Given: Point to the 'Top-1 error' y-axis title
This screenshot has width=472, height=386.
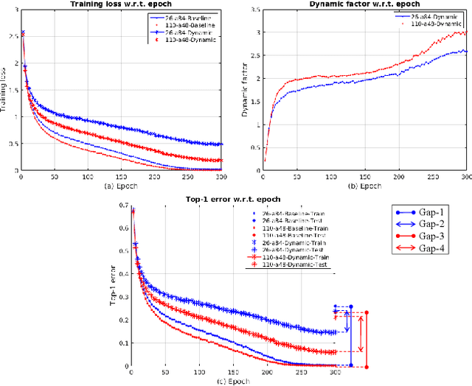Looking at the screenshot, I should pos(112,287).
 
